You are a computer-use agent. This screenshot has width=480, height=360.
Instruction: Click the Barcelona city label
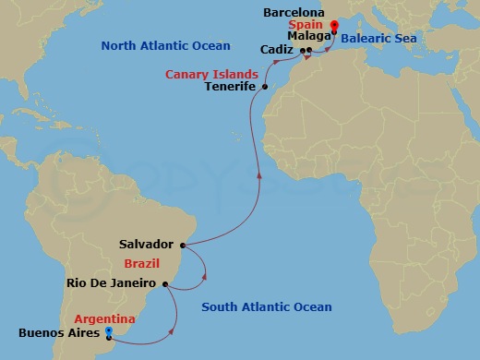click(x=294, y=13)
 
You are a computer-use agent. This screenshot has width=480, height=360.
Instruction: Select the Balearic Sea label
click(x=379, y=39)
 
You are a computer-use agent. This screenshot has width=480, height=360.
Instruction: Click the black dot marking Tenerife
click(x=265, y=87)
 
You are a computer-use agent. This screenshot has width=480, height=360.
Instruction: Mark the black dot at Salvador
click(x=183, y=245)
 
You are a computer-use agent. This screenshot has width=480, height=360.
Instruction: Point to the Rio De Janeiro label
click(x=114, y=284)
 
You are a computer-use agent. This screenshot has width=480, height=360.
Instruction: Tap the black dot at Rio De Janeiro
click(x=165, y=284)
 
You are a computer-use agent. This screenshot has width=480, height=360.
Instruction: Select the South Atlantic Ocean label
click(x=267, y=306)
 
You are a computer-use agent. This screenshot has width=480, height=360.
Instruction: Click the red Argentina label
click(x=104, y=318)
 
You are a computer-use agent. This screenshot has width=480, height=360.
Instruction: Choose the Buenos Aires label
click(x=58, y=333)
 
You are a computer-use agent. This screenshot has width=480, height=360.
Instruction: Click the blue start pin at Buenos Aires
click(x=109, y=330)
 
